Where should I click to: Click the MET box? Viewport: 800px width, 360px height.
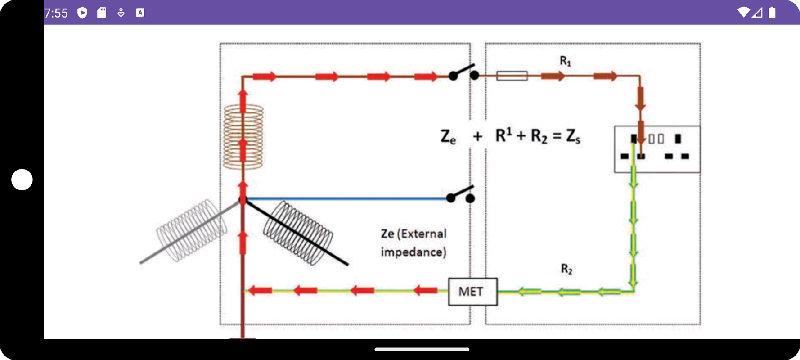pos(472,292)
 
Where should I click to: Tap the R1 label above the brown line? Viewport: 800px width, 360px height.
pos(565,61)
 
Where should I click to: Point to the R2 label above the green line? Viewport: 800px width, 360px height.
pos(566,269)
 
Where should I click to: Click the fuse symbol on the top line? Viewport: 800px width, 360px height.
pos(512,76)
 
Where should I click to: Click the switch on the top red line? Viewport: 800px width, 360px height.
pos(463,73)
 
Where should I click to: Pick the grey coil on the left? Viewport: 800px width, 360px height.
pos(191,230)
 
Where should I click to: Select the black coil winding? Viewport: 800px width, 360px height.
pos(298,233)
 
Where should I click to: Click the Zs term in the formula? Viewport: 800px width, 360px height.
pos(573,136)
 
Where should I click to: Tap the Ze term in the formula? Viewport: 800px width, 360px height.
pos(448,136)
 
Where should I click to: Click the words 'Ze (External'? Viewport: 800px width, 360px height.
pos(413,234)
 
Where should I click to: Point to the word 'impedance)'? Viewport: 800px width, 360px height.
pos(413,252)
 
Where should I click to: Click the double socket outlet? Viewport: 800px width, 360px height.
pos(657,149)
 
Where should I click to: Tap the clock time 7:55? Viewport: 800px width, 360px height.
pos(56,13)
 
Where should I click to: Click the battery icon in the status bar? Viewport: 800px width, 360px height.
pos(772,13)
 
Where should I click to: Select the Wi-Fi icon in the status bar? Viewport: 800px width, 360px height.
pos(744,13)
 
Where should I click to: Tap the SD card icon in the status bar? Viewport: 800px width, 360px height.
pos(102,13)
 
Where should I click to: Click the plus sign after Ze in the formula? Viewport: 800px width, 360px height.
pos(477,136)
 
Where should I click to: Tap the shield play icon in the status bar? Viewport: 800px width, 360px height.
pos(82,13)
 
